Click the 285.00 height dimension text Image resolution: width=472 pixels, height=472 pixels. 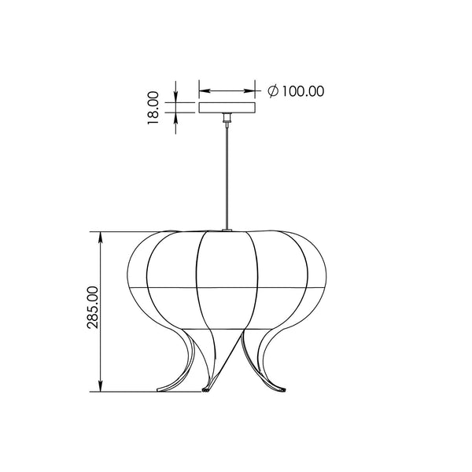(92, 308)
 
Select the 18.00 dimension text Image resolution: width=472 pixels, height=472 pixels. (153, 108)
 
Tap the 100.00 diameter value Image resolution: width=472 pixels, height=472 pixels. (303, 91)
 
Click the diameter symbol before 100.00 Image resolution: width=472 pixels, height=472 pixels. (273, 91)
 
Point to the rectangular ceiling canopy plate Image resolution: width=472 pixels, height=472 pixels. (227, 108)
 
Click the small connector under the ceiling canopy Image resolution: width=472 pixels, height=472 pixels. (227, 118)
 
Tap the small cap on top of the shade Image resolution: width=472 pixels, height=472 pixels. (227, 230)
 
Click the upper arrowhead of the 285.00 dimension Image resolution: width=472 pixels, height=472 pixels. (101, 238)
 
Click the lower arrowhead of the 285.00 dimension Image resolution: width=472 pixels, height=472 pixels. (101, 385)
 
